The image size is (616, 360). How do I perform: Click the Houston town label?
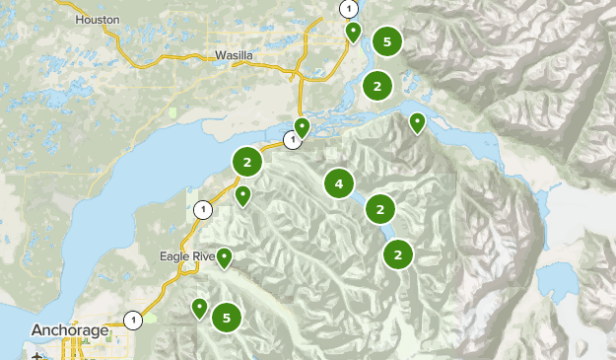[98, 19]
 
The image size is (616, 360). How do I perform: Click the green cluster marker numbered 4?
[339, 183]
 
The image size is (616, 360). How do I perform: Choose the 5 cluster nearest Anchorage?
[227, 318]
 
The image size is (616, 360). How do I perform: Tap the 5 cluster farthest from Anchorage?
[387, 41]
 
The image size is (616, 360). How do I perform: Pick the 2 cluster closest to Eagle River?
[247, 161]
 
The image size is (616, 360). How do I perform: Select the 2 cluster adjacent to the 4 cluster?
[380, 209]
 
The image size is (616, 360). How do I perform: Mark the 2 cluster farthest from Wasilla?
[398, 254]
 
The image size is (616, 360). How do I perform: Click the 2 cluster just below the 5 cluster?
[376, 86]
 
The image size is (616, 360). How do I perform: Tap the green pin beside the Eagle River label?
[225, 257]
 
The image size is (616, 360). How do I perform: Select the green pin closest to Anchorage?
[200, 308]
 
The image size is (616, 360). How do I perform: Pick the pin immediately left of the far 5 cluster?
[353, 32]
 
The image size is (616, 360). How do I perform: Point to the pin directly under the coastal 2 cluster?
[242, 195]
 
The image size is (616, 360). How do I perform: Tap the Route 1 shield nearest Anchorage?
[133, 320]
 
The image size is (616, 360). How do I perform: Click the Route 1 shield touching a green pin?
[292, 140]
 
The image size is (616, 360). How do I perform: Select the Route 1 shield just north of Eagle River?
[203, 209]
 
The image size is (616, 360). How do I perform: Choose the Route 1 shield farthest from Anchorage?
[348, 9]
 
